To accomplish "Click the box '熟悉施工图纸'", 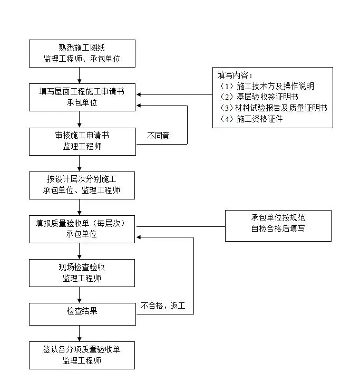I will click(x=82, y=53).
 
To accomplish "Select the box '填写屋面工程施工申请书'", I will click(x=82, y=97).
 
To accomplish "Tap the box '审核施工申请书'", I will click(x=82, y=141).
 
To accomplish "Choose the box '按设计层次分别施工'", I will click(x=82, y=185).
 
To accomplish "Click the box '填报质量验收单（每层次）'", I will click(x=82, y=228).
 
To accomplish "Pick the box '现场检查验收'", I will click(x=82, y=272).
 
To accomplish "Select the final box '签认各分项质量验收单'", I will click(x=82, y=355).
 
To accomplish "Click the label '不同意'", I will click(x=158, y=136).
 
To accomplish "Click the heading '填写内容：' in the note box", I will click(x=236, y=75).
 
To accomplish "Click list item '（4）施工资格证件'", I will click(x=252, y=119).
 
